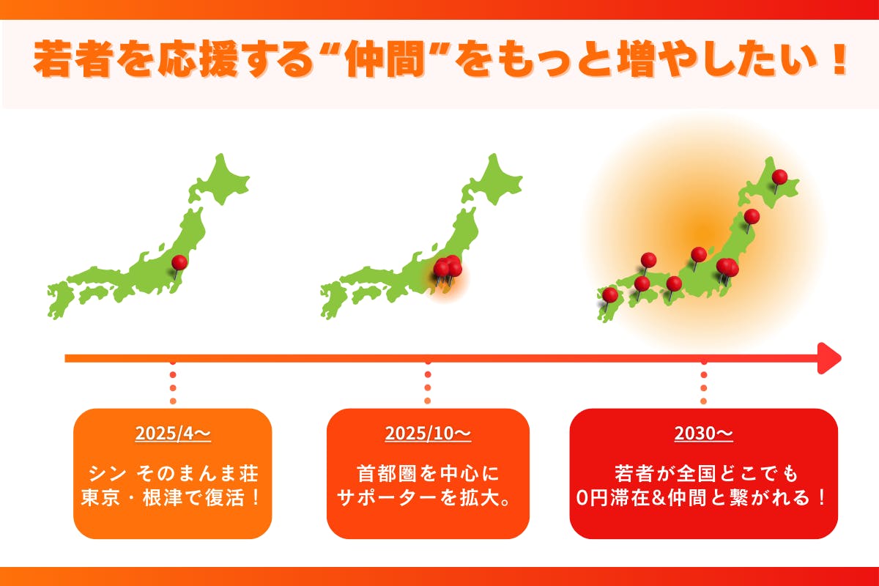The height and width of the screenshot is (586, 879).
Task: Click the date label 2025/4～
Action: click(x=173, y=434)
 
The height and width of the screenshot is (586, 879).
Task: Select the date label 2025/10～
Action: click(x=428, y=434)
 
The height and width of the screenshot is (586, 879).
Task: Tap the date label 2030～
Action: click(x=703, y=434)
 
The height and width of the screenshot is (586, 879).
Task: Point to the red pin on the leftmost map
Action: click(x=179, y=262)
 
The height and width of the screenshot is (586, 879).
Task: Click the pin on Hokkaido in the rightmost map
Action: click(x=779, y=177)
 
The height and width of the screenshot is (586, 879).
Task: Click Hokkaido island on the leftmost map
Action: click(x=220, y=179)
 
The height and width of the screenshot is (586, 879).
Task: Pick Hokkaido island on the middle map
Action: click(x=494, y=179)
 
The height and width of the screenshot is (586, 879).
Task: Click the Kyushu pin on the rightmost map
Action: click(x=610, y=294)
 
